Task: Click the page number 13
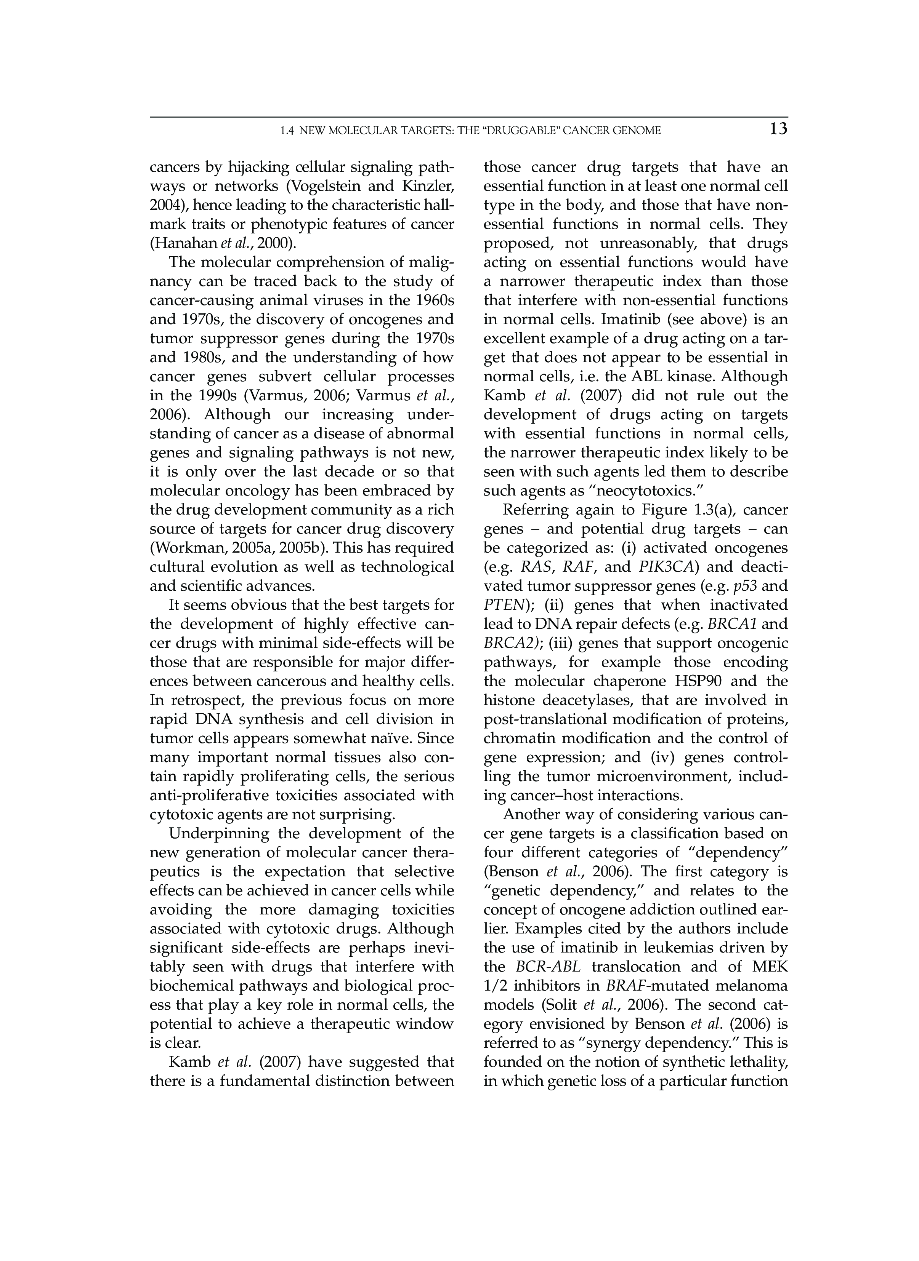coord(778,129)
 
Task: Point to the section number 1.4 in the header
coord(287,131)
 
